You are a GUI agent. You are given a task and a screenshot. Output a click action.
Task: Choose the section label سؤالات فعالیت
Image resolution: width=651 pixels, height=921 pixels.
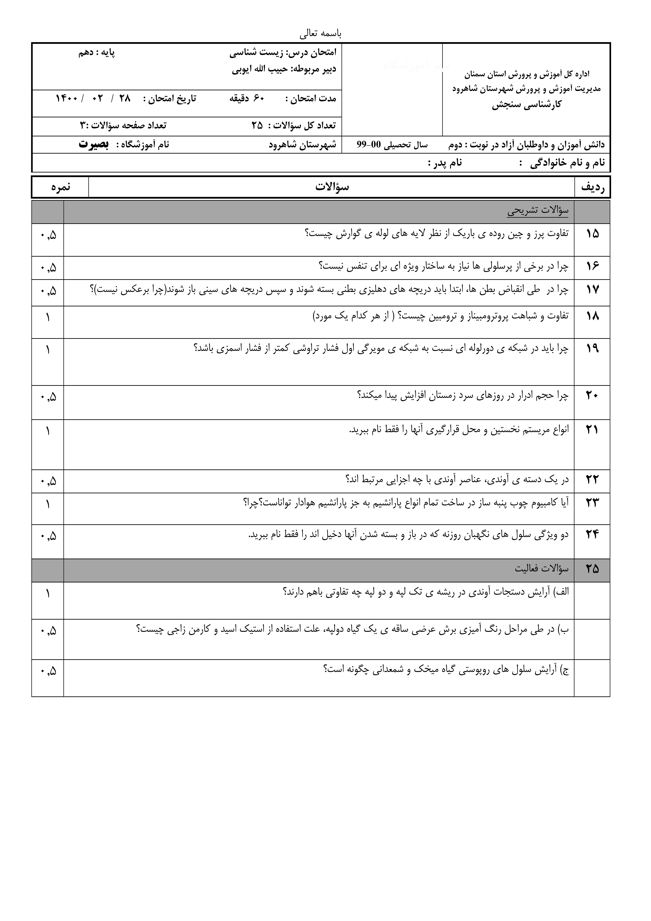coord(541,569)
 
